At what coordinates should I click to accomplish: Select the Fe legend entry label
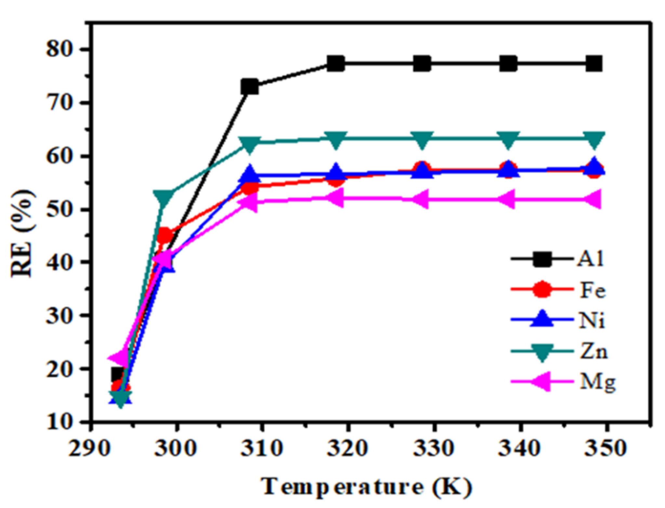593,290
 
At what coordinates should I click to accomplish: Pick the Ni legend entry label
592,321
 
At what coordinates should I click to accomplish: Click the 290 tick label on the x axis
89,448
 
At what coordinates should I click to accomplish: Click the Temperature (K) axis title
366,487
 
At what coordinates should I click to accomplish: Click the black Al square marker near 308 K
250,87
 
